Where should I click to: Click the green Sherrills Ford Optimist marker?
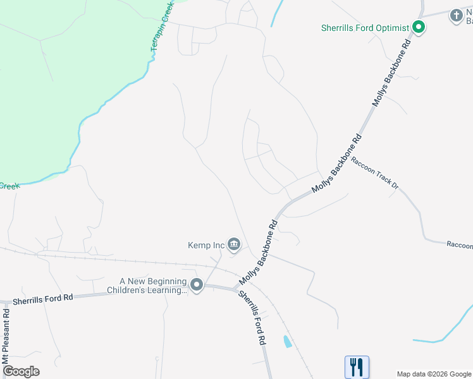point(418,27)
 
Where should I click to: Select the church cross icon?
point(457,15)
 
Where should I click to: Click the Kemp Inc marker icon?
point(233,244)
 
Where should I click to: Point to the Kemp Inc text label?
point(206,244)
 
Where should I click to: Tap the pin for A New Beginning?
point(197,286)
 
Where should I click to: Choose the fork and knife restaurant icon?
point(357,366)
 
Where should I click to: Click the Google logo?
point(21,371)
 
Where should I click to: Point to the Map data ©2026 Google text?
point(434,374)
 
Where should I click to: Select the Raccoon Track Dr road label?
point(375,172)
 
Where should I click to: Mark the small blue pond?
point(287,342)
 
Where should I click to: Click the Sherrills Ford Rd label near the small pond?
point(252,318)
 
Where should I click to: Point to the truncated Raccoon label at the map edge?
point(460,244)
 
